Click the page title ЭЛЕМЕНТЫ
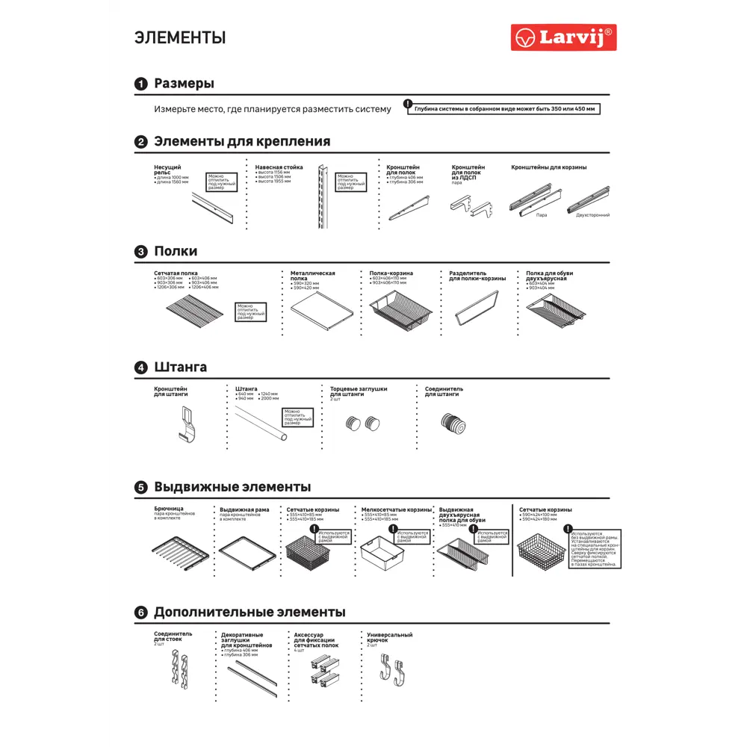(180, 37)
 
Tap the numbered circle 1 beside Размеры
(140, 84)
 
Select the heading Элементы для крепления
(241, 141)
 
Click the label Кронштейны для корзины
(548, 167)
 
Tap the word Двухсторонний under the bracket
(592, 215)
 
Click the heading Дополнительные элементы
(249, 613)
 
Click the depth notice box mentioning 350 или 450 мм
(506, 109)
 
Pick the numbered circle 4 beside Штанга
(140, 368)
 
